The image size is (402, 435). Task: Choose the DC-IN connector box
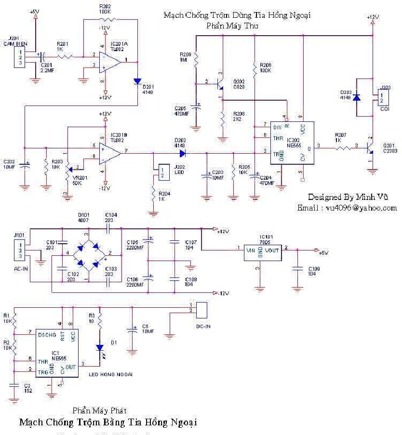[x=201, y=309]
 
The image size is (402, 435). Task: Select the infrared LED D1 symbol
[x=99, y=348]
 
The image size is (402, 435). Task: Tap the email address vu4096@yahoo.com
[x=348, y=208]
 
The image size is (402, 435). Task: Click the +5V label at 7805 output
[x=324, y=251]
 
